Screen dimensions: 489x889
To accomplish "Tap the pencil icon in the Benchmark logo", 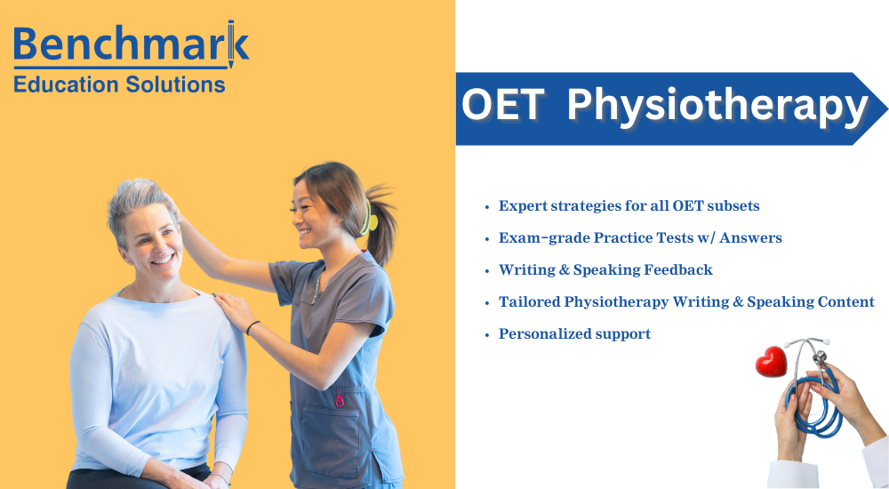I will pyautogui.click(x=231, y=45).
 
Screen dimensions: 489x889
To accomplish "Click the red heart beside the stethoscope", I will pyautogui.click(x=771, y=361).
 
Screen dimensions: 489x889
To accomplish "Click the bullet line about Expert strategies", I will pyautogui.click(x=629, y=206).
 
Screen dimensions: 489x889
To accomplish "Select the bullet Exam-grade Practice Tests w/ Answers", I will pyautogui.click(x=640, y=238).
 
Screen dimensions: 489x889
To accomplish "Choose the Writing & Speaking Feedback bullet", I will pyautogui.click(x=605, y=270).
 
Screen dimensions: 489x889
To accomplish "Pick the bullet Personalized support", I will pyautogui.click(x=574, y=334).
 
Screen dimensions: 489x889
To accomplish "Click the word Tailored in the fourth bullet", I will pyautogui.click(x=529, y=302).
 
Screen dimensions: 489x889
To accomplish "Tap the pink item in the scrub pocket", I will pyautogui.click(x=339, y=397).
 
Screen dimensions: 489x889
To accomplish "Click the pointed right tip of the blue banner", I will pyautogui.click(x=883, y=109).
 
